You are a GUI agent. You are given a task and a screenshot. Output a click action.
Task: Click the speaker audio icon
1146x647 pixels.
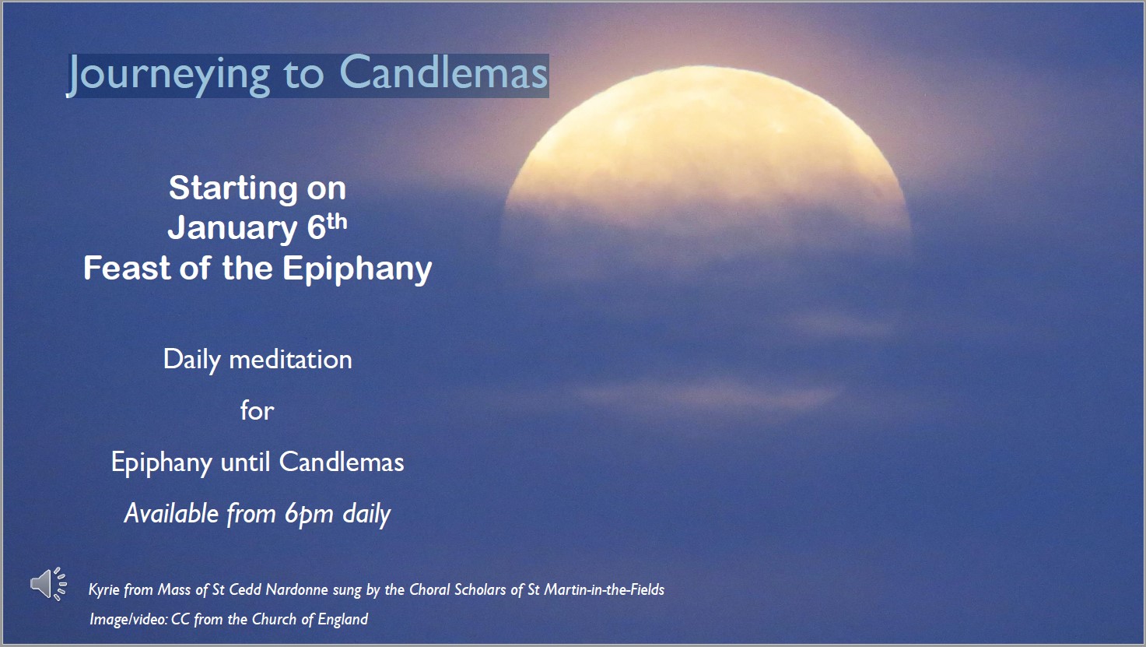coord(48,583)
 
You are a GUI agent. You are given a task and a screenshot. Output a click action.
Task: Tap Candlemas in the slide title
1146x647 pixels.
coord(443,72)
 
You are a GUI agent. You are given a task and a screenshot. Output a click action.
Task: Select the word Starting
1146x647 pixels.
coord(233,189)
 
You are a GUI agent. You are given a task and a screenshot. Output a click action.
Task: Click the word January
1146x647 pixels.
coord(233,228)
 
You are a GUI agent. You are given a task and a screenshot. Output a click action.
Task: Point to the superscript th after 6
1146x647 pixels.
coord(337,222)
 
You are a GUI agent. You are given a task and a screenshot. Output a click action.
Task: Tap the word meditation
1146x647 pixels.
coord(291,360)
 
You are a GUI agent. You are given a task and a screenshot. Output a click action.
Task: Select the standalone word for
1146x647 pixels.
coord(258,410)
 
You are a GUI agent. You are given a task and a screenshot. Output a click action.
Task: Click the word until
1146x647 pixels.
coord(245,462)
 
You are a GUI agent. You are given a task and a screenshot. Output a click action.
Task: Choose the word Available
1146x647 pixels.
coord(171,513)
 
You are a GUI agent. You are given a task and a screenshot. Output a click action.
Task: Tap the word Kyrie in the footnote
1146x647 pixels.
coord(103,589)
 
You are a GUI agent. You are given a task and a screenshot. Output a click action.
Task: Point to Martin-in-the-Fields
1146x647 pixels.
coord(605,589)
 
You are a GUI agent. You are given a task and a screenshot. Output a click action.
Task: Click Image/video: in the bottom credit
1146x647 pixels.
coord(128,619)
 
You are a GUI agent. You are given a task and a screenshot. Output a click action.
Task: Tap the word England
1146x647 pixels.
coord(343,619)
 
